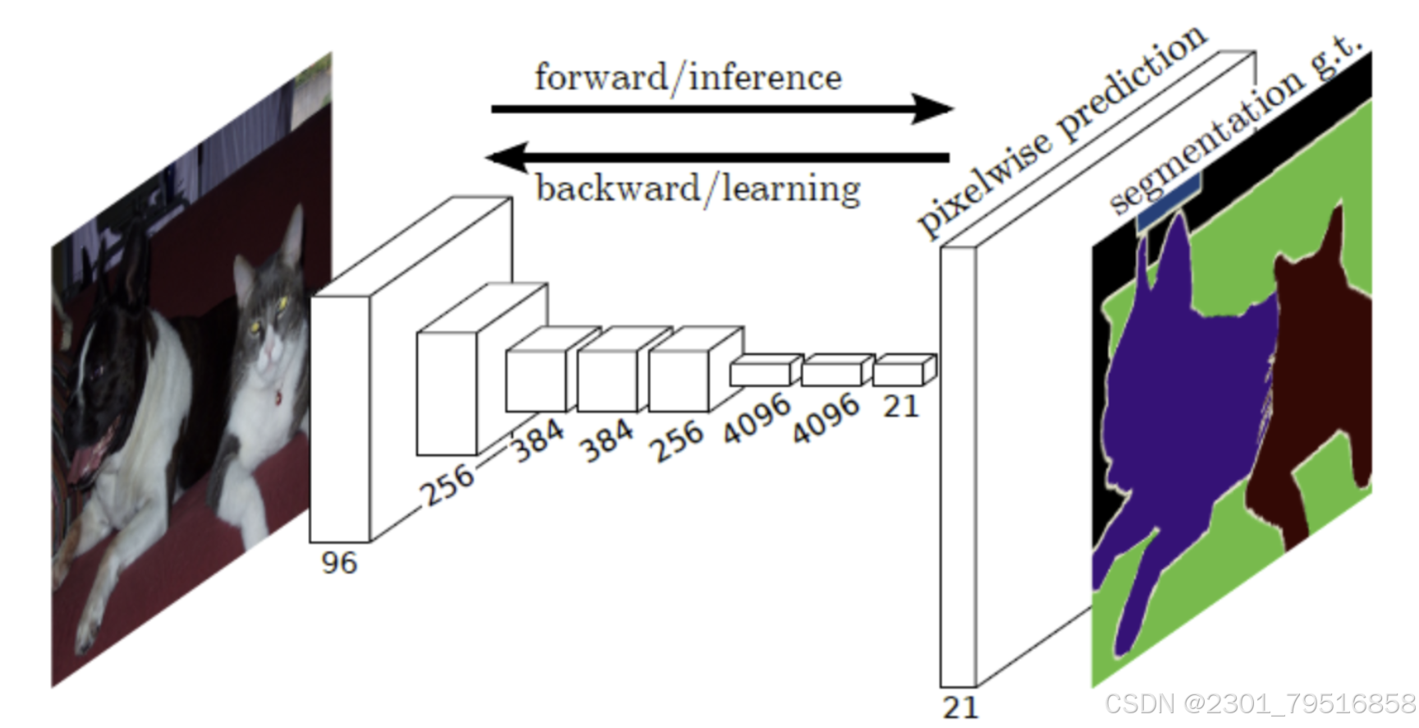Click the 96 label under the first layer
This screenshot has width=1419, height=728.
click(338, 564)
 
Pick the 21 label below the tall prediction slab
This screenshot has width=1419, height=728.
click(960, 707)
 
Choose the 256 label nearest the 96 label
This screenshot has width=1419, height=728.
click(448, 484)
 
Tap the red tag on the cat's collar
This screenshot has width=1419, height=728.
click(278, 399)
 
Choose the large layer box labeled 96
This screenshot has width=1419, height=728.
click(340, 419)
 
